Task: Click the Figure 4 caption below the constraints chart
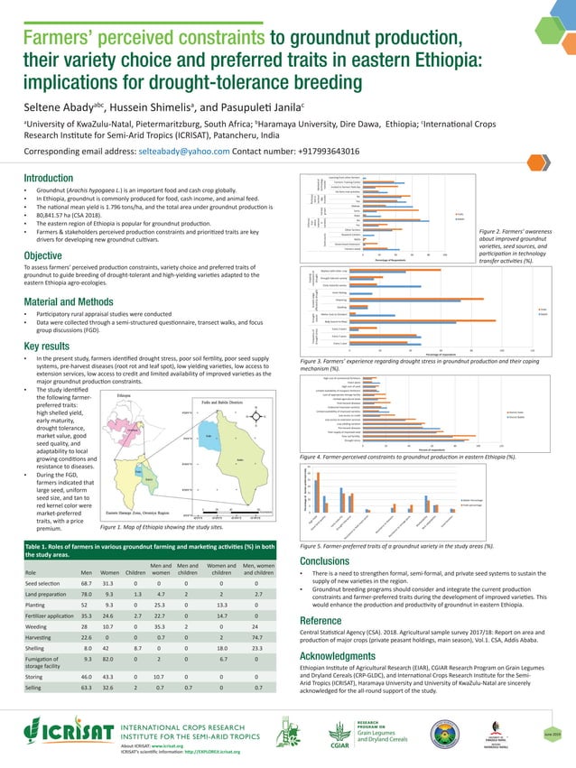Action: pos(409,457)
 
